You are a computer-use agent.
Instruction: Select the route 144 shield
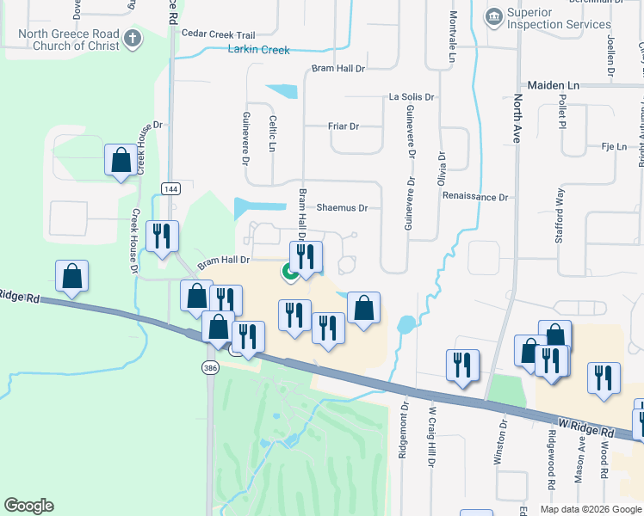tap(169, 187)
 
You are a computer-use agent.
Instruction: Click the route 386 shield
tap(210, 368)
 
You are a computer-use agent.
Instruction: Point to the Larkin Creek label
tap(258, 50)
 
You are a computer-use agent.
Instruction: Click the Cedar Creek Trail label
tap(220, 34)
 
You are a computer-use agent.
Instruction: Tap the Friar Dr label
tap(344, 126)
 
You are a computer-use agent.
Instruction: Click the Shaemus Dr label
tap(342, 208)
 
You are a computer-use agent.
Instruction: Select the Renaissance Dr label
tap(475, 197)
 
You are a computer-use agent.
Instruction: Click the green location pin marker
tap(290, 273)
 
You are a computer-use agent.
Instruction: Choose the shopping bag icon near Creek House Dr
tap(121, 161)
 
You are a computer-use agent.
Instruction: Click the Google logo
tap(28, 506)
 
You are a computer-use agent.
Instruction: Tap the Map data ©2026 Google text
tap(590, 509)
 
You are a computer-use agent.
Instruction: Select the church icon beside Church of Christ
tap(132, 38)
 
